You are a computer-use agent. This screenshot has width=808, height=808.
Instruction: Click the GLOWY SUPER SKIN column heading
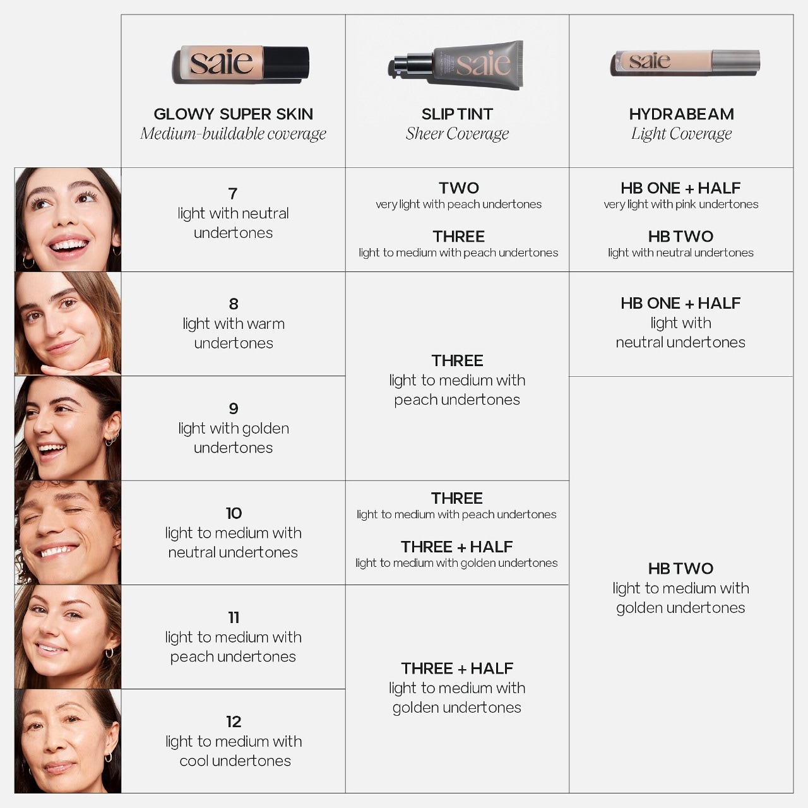click(x=233, y=114)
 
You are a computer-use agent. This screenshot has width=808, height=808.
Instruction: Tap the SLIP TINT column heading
click(x=457, y=114)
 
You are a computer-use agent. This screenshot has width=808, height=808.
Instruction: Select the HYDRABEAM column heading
click(x=681, y=114)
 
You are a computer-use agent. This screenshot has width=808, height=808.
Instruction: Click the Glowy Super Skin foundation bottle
click(x=241, y=64)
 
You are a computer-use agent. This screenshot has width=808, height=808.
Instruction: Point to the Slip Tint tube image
click(x=456, y=65)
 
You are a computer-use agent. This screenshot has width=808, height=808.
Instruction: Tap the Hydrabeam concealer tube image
click(x=685, y=63)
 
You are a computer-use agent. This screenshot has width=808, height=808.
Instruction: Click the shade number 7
click(x=233, y=194)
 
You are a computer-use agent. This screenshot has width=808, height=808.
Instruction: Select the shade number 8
click(x=234, y=304)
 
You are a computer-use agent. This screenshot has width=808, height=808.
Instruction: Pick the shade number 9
click(x=234, y=408)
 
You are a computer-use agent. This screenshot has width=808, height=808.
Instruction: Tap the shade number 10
click(x=234, y=513)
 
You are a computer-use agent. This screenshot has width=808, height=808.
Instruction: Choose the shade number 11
click(x=234, y=617)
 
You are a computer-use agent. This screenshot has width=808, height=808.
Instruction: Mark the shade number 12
click(x=234, y=722)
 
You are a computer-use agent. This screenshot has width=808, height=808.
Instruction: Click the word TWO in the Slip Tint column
click(x=459, y=188)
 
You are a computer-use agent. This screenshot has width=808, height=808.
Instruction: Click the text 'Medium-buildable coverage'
click(x=233, y=134)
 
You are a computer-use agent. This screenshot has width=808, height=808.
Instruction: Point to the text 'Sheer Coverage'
click(x=457, y=134)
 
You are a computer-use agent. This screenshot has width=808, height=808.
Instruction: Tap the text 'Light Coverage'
click(x=681, y=134)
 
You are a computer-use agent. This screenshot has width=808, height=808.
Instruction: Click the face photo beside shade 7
click(x=68, y=220)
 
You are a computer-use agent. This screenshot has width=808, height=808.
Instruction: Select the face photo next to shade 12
click(x=68, y=741)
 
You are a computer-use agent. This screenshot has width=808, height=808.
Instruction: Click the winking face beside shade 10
click(x=68, y=533)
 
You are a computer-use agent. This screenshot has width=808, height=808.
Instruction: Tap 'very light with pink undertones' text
click(x=681, y=204)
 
